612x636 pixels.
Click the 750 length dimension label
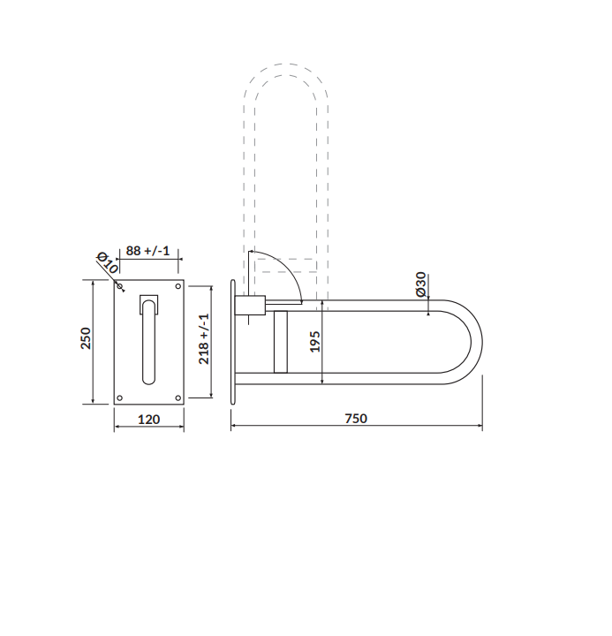356,418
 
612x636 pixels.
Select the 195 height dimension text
315,342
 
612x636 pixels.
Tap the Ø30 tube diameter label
421,284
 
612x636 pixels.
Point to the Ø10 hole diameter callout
107,263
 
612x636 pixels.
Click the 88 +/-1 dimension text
147,251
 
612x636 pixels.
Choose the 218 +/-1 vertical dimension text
204,338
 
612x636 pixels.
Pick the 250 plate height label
86,337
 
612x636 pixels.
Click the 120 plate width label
149,419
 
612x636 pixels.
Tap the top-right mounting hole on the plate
178,286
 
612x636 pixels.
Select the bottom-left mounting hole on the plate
119,397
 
